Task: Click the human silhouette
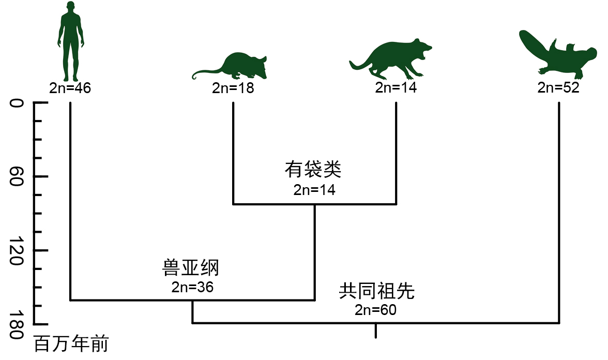click(x=69, y=44)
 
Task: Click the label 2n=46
click(x=70, y=88)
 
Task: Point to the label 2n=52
click(x=558, y=87)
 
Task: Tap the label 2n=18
click(x=233, y=88)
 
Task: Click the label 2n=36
click(x=192, y=287)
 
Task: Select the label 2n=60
click(x=375, y=310)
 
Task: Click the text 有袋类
click(x=313, y=170)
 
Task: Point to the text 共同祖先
click(x=377, y=292)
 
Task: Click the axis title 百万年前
click(x=71, y=344)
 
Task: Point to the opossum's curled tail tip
click(x=194, y=78)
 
